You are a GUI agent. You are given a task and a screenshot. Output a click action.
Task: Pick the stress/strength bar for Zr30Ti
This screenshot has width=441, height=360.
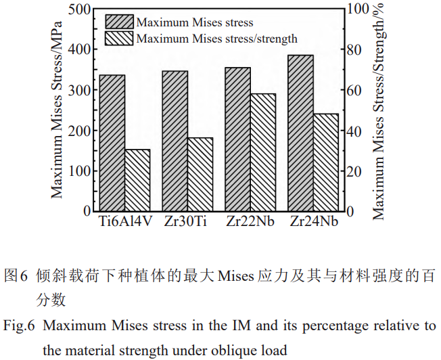pyautogui.click(x=200, y=174)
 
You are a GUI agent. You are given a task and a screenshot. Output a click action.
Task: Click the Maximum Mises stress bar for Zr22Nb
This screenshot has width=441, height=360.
pyautogui.click(x=237, y=139)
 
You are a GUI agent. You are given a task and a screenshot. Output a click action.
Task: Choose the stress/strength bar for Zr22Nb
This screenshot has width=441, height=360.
pyautogui.click(x=263, y=152)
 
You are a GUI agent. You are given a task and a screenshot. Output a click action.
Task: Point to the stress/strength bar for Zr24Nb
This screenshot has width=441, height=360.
pyautogui.click(x=326, y=162)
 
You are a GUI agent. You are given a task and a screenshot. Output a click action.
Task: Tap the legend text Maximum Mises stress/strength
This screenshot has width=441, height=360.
pyautogui.click(x=216, y=39)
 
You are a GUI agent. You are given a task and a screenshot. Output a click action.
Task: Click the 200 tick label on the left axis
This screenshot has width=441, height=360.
pyautogui.click(x=79, y=131)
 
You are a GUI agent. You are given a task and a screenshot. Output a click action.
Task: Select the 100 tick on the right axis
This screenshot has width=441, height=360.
pyautogui.click(x=356, y=9)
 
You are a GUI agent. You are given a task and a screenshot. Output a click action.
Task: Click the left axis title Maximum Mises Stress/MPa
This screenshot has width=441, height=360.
pyautogui.click(x=58, y=110)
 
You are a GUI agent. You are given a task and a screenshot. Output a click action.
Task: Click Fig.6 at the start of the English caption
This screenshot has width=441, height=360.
pyautogui.click(x=18, y=326)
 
